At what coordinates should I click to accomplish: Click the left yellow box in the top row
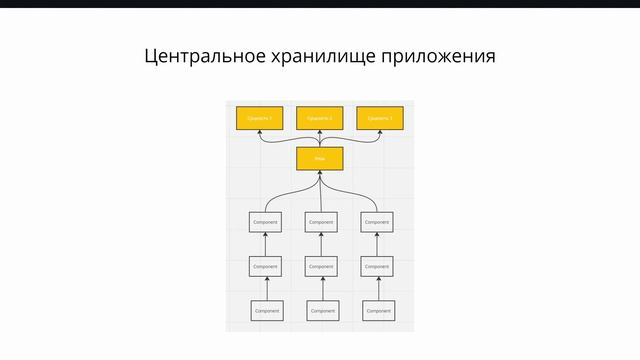[x=260, y=118]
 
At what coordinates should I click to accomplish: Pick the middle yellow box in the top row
[x=320, y=118]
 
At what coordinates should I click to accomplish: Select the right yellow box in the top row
[x=380, y=118]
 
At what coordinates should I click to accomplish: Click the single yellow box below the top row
[x=320, y=159]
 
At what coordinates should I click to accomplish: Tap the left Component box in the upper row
[x=265, y=222]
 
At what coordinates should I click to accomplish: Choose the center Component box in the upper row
[x=321, y=222]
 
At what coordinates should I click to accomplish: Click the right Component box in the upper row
[x=377, y=222]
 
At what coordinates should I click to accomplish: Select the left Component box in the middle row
[x=265, y=267]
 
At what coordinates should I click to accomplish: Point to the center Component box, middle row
[x=321, y=267]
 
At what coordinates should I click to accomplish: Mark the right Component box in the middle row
[x=377, y=267]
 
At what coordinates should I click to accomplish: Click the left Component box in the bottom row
[x=267, y=311]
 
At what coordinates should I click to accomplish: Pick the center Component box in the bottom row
[x=322, y=311]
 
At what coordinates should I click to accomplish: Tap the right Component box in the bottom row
[x=378, y=311]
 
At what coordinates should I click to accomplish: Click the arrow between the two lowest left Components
[x=266, y=289]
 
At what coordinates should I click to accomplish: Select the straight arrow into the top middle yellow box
[x=320, y=138]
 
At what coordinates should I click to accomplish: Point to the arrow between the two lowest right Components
[x=378, y=289]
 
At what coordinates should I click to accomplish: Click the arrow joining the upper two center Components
[x=321, y=245]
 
